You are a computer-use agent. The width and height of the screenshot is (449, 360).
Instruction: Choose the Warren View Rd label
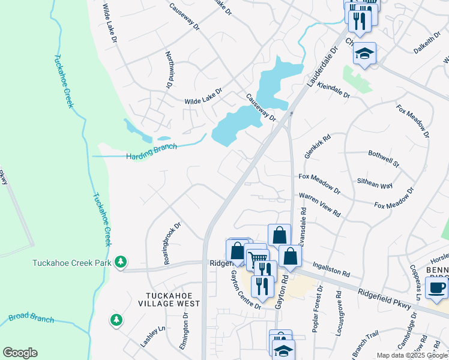click(320, 205)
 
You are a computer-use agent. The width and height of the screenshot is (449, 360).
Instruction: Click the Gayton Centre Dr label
click(245, 290)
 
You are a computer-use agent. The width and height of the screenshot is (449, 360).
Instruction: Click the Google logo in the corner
click(20, 353)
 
